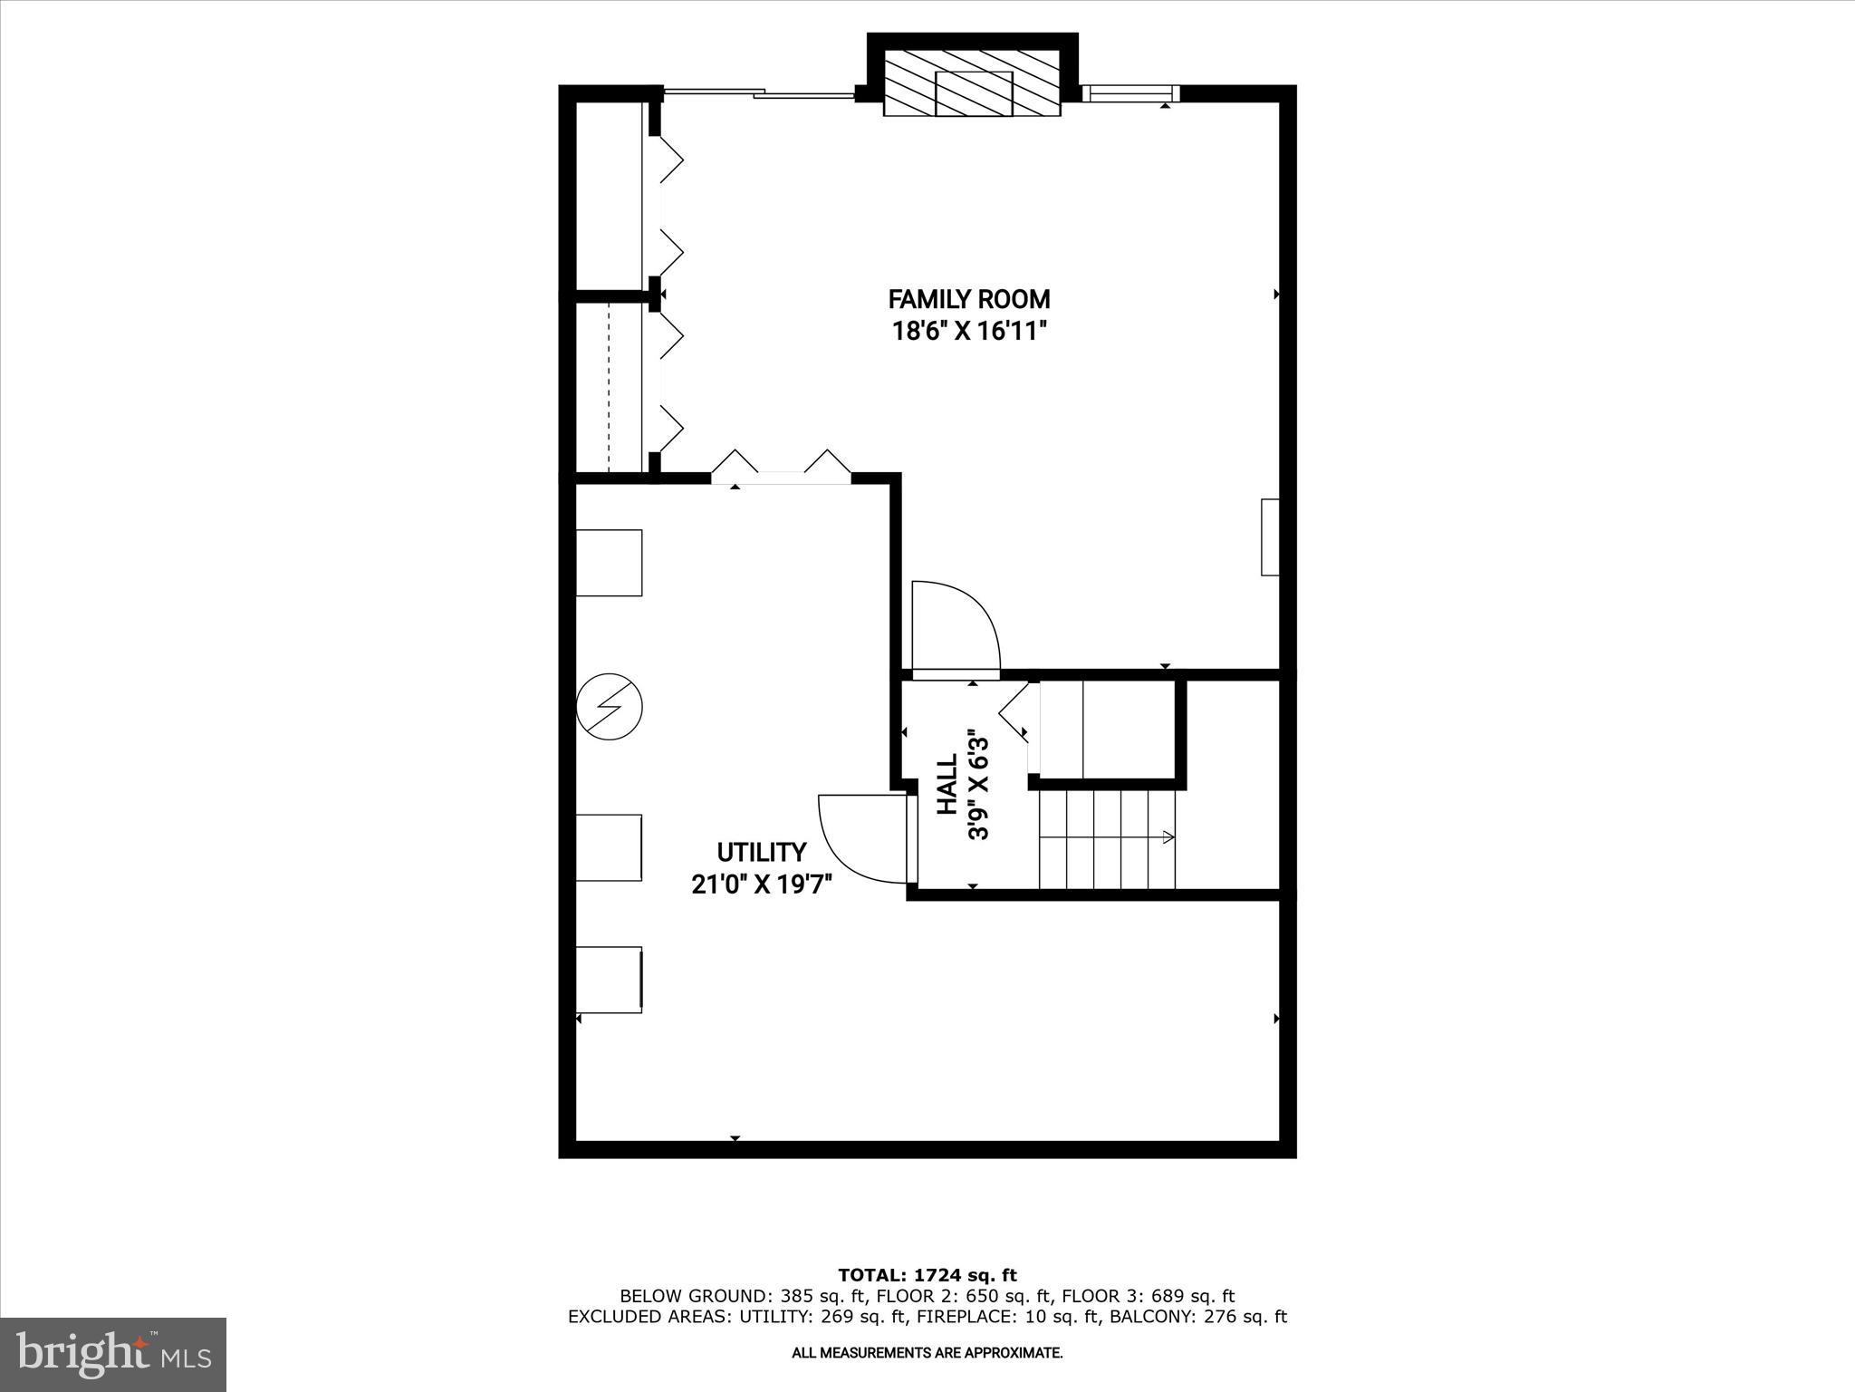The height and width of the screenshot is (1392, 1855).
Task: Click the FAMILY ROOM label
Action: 968,299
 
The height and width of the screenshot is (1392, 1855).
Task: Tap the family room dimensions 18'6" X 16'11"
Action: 969,331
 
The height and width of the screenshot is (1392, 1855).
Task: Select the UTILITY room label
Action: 761,852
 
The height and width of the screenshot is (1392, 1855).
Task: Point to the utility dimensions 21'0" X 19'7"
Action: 761,884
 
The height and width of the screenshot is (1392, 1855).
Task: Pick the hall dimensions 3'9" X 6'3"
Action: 978,785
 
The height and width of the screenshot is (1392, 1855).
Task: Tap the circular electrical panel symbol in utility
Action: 610,706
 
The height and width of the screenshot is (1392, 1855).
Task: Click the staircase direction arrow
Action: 1167,837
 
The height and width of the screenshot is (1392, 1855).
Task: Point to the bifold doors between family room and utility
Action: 781,467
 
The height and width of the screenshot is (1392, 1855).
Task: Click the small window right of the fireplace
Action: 1130,93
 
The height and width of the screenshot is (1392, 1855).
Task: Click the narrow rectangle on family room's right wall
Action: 1270,536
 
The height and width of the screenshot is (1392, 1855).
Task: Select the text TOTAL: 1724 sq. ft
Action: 927,1275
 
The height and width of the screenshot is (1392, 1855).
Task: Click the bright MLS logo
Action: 113,1355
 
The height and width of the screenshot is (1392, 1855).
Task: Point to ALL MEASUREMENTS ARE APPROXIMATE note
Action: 927,1353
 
